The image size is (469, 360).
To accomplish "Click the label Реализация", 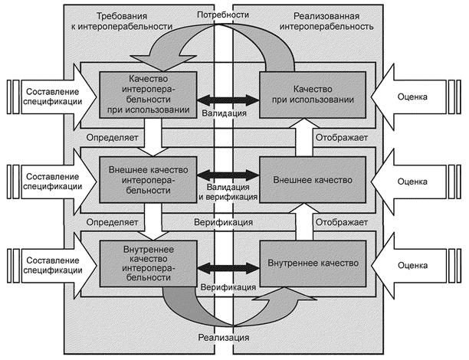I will click(x=223, y=338).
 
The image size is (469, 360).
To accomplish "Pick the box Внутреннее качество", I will click(x=313, y=263).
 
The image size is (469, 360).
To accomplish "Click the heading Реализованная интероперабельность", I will click(x=334, y=20).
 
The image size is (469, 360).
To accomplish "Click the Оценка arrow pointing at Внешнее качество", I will click(x=418, y=181).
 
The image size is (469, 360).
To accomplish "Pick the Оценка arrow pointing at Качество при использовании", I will click(x=418, y=97).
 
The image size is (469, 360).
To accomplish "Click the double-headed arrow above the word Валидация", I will click(x=224, y=99).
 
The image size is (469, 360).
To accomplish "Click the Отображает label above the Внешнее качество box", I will click(x=340, y=138).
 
